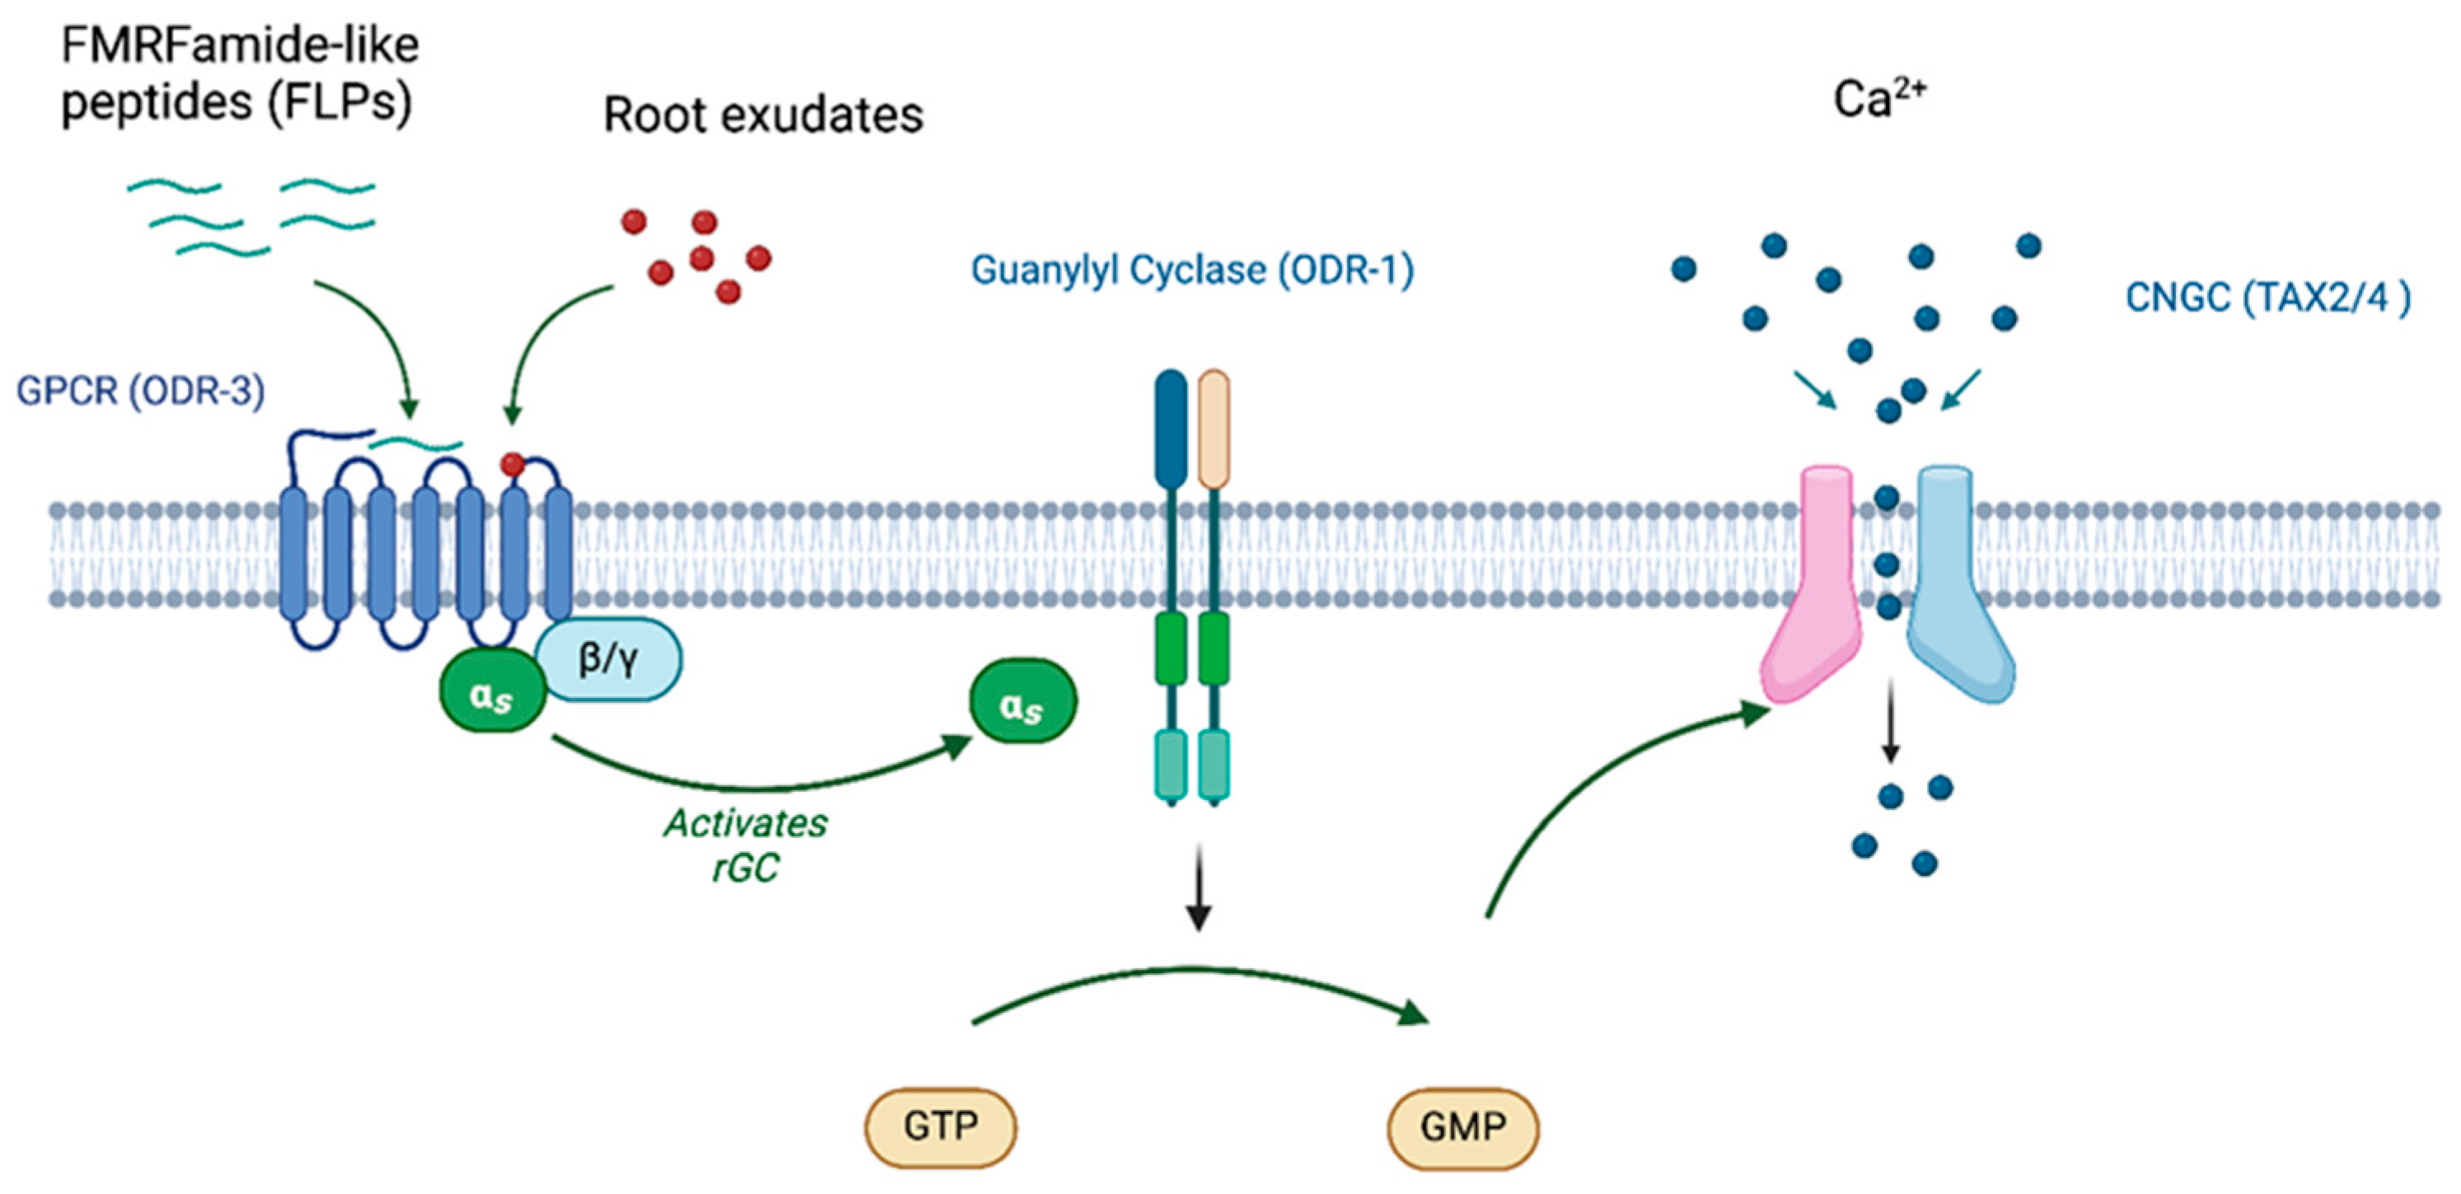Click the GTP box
(x=940, y=1127)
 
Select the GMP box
(x=1462, y=1127)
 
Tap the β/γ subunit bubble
(x=610, y=659)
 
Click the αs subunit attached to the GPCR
(x=492, y=691)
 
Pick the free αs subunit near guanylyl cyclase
(x=1022, y=702)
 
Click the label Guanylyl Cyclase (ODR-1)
(x=1191, y=270)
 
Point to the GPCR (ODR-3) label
(x=140, y=391)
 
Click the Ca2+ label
(x=1879, y=98)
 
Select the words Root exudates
(x=763, y=115)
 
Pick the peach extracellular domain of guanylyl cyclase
(x=1214, y=430)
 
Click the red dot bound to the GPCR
(x=513, y=466)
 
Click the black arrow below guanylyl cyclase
(x=1198, y=888)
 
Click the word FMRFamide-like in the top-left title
(x=240, y=44)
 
